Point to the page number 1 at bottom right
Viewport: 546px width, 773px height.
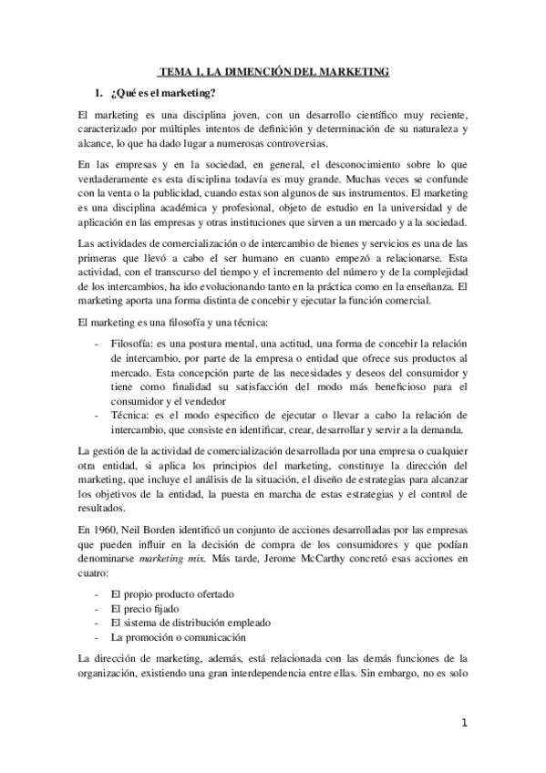pos(463,724)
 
